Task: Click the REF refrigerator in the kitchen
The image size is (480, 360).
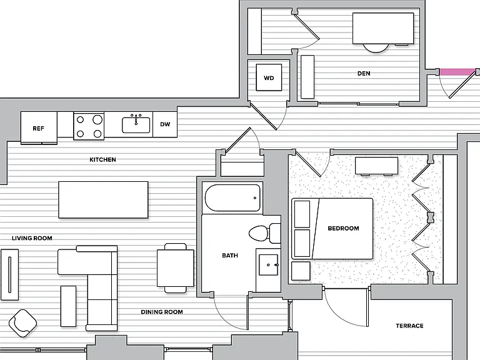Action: [x=39, y=127]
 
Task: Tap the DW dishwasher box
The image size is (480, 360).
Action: [x=165, y=124]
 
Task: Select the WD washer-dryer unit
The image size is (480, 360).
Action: [x=269, y=77]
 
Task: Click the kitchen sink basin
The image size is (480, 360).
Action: [x=136, y=125]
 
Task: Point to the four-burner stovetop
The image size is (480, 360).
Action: [x=89, y=126]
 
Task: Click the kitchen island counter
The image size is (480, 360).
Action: [x=104, y=199]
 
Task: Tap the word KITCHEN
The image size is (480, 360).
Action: [x=103, y=159]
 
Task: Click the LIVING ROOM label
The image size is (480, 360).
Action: [x=32, y=238]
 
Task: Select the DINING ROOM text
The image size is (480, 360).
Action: [x=162, y=312]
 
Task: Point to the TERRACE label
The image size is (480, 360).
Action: [x=409, y=326]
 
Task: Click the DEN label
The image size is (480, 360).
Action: [x=364, y=74]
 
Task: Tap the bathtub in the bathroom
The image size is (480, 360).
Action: [x=232, y=198]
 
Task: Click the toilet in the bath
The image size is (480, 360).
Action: [x=264, y=233]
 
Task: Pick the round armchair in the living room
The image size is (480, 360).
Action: [x=22, y=323]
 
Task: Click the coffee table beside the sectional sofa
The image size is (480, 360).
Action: [x=69, y=306]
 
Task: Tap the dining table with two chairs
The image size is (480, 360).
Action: [x=176, y=268]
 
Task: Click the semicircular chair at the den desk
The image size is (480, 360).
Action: [x=376, y=48]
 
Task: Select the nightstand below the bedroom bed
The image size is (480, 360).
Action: [x=301, y=271]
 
